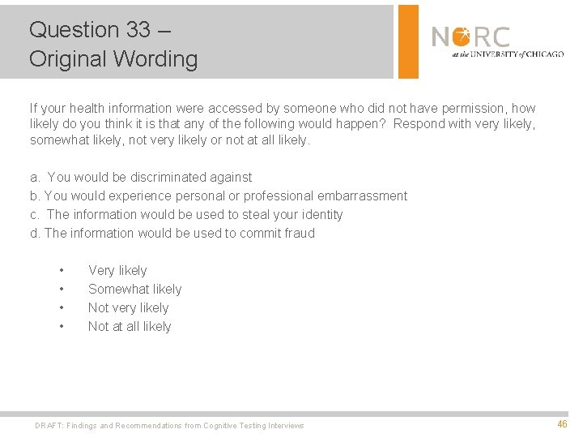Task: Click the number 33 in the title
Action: [138, 30]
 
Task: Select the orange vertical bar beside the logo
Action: [409, 41]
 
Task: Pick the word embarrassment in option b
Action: [358, 195]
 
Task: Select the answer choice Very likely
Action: [117, 270]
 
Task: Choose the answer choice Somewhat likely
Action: [134, 289]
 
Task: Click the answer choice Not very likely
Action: [128, 307]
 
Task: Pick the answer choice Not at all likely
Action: [130, 326]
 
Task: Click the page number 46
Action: [562, 424]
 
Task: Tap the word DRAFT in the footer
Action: [49, 425]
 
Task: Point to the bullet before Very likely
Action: [61, 270]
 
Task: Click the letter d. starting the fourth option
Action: [35, 233]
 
